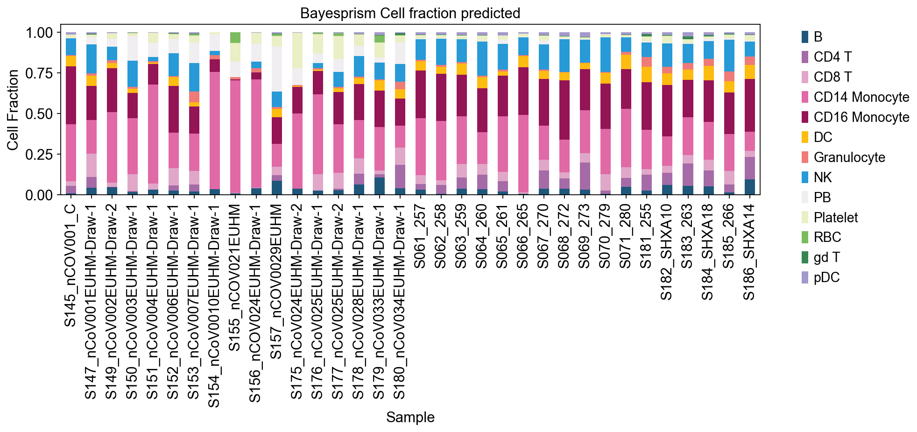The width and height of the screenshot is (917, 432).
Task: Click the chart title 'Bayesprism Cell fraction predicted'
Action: pos(410,13)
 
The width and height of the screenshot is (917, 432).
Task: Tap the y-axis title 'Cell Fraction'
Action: pos(13,110)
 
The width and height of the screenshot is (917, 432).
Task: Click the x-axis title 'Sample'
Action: pos(410,417)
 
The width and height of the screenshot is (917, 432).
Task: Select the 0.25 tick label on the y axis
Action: pos(39,154)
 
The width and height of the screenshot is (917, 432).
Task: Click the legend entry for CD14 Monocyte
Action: pos(861,97)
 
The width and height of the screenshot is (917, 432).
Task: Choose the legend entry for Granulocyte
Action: pos(849,157)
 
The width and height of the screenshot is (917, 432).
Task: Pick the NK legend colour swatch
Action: pos(805,177)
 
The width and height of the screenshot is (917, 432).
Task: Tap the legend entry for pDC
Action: pos(826,277)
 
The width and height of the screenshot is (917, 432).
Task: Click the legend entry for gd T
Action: pos(826,257)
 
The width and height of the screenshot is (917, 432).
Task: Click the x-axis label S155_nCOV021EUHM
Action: pos(234,277)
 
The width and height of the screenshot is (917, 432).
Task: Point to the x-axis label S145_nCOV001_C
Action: pos(70,265)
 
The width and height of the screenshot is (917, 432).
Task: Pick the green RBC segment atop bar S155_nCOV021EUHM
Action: pos(235,38)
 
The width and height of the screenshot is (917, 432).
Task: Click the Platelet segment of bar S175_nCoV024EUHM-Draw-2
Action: pos(297,50)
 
